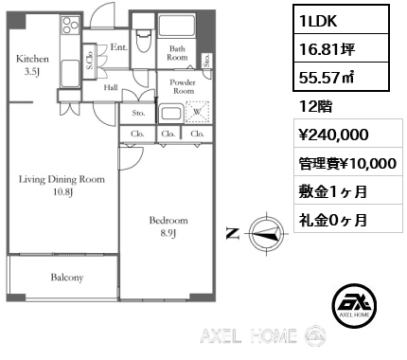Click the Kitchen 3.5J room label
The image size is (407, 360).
[32, 65]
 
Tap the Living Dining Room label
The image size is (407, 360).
[62, 179]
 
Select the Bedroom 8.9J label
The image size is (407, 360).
[168, 226]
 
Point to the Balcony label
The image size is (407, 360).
[67, 278]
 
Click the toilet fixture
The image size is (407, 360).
[144, 40]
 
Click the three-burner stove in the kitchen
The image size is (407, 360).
[71, 26]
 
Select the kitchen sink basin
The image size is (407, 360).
[70, 73]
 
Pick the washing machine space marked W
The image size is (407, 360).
[197, 112]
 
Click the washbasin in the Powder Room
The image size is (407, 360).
[170, 113]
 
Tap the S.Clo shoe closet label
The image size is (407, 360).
[89, 61]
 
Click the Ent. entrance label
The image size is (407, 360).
[119, 47]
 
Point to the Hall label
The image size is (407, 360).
[111, 87]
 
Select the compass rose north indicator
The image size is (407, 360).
[266, 234]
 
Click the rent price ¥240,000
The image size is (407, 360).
[333, 135]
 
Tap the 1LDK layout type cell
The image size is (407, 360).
[341, 20]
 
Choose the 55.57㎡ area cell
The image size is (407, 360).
[341, 77]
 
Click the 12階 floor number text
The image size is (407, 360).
[315, 107]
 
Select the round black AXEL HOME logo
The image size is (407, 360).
[354, 305]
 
